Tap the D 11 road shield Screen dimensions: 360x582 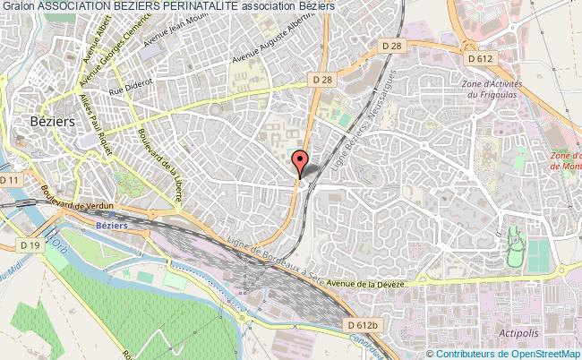tap(11, 180)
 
